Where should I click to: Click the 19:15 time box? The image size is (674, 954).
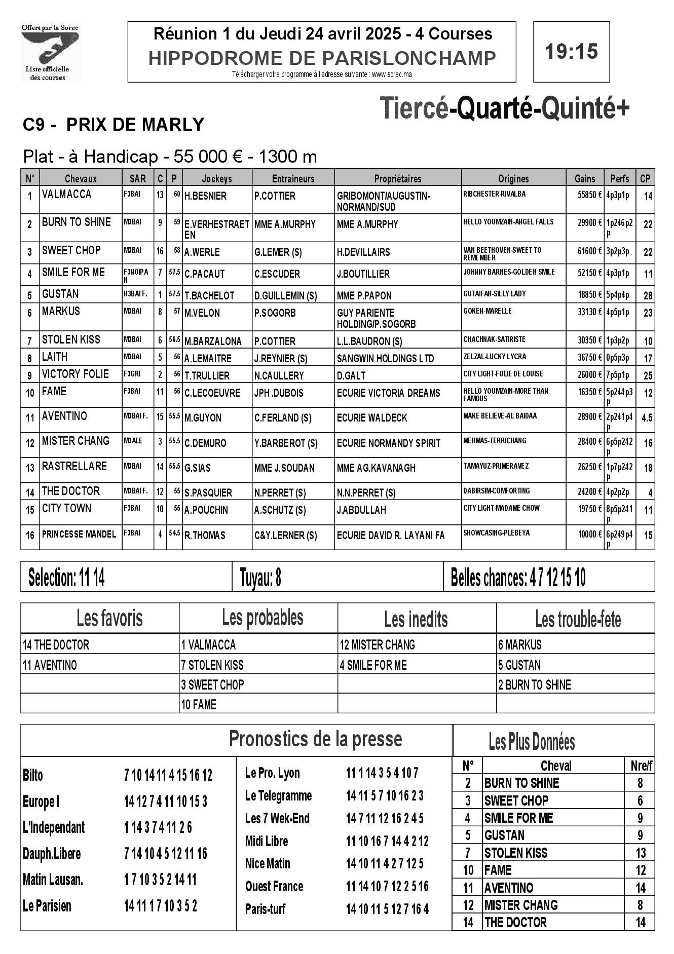pos(571,52)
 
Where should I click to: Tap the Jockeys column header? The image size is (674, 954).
pos(216,178)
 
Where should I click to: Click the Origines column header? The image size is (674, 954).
pos(513,178)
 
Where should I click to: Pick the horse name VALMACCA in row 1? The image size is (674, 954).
pos(67,195)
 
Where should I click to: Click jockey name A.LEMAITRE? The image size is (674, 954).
pos(208,359)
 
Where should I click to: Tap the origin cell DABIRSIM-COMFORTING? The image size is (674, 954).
pos(497,491)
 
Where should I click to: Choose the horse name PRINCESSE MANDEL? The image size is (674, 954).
pos(79,534)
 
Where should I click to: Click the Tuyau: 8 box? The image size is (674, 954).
pos(337,577)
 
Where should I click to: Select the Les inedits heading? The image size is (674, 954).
pos(416,619)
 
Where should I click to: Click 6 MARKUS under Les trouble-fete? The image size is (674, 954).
pos(520,645)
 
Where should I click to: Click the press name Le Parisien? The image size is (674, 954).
pos(47,906)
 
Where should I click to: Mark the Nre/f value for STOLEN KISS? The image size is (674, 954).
pos(641,853)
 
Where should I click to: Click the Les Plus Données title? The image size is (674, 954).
pos(532,742)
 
